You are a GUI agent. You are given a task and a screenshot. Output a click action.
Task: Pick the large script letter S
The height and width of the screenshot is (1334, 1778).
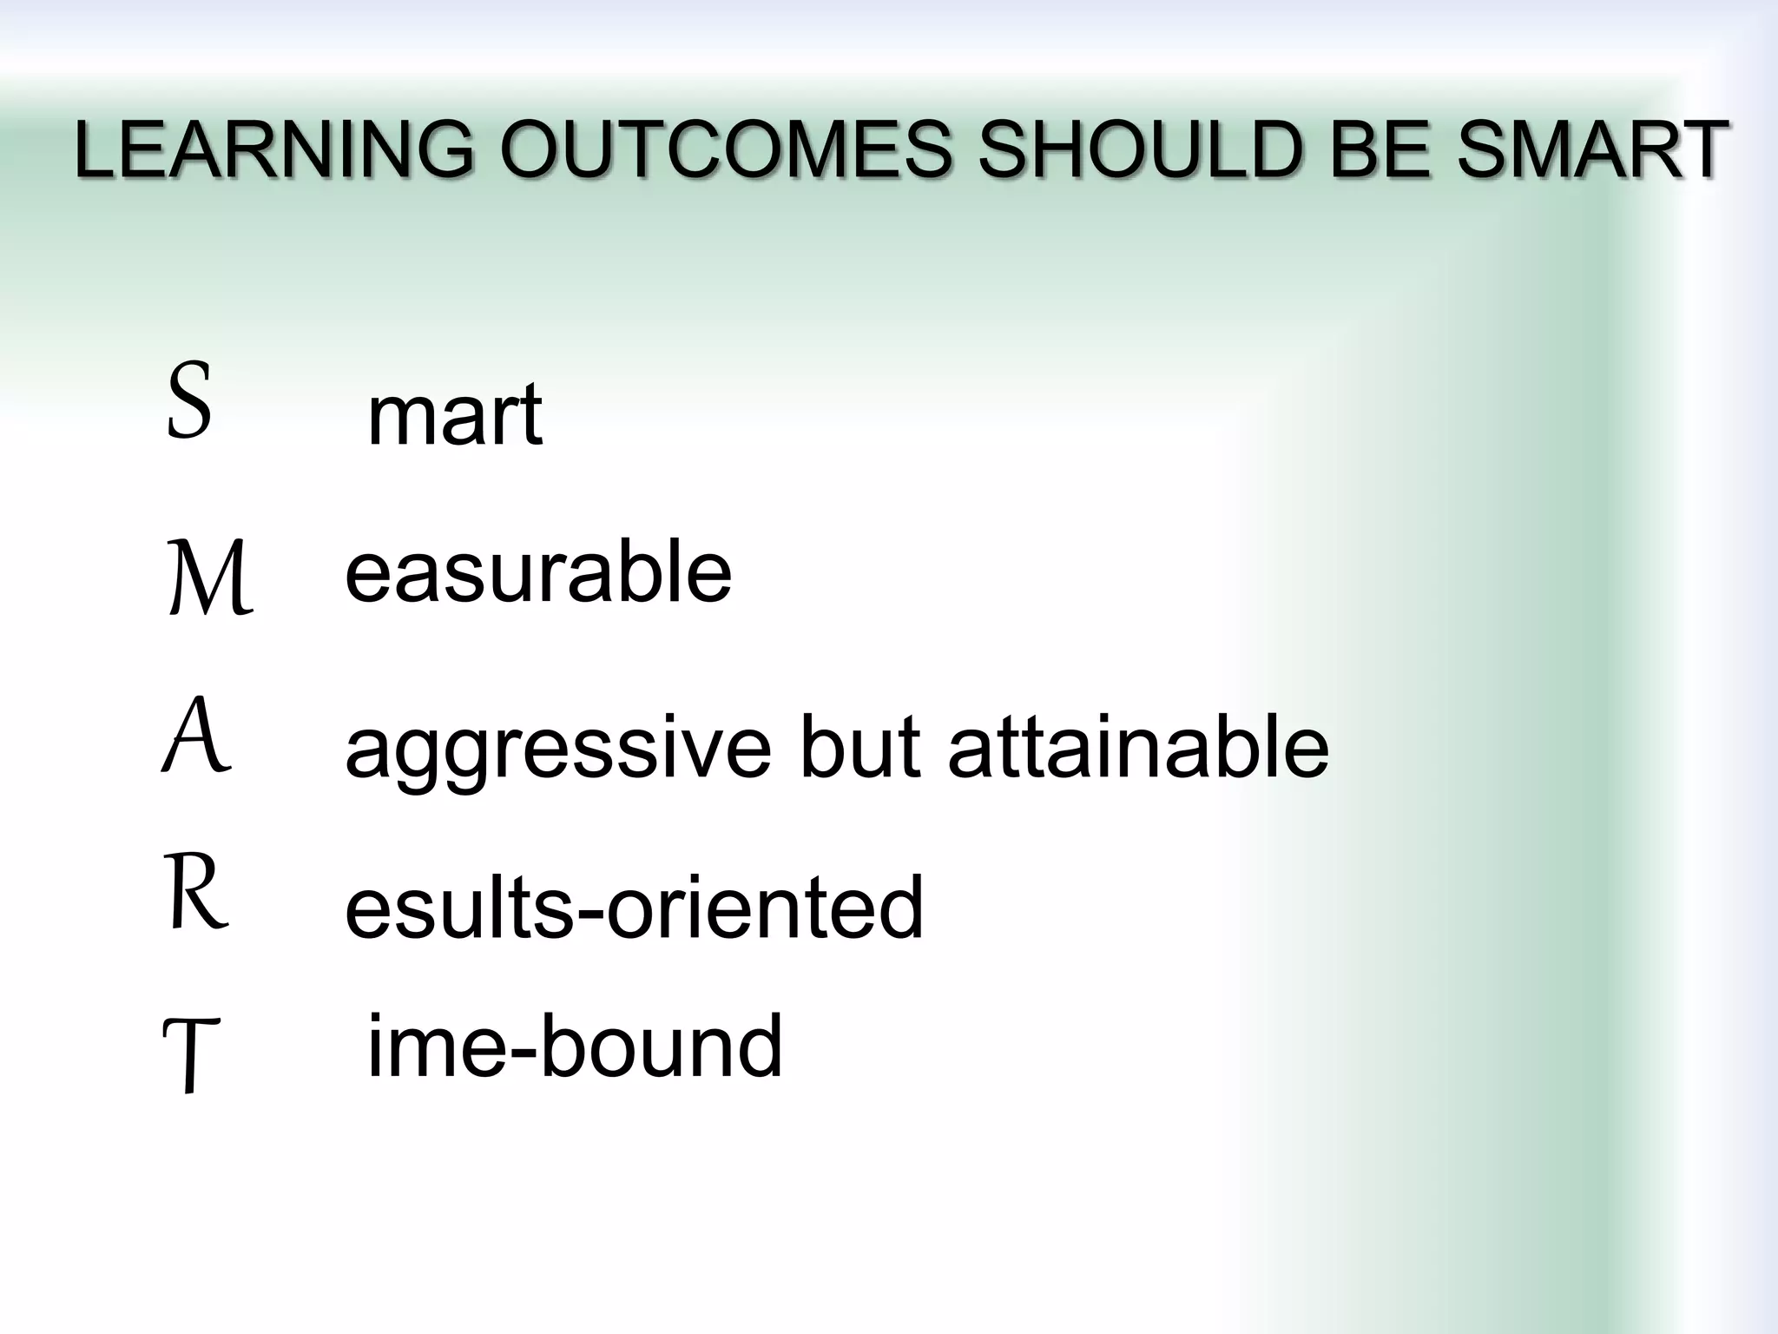(189, 400)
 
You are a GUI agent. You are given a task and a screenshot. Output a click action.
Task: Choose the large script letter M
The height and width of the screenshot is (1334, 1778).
(209, 578)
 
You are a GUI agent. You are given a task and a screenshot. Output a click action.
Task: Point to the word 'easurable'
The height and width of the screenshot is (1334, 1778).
(538, 572)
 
